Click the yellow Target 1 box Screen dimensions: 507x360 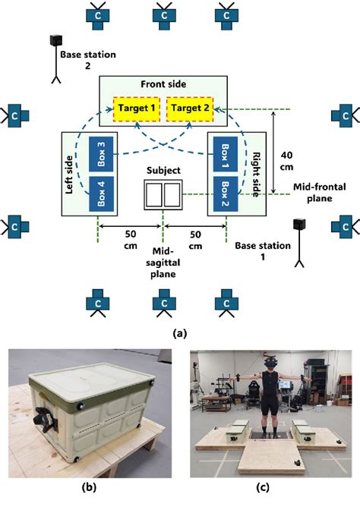click(137, 109)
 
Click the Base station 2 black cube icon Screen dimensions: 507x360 click(55, 39)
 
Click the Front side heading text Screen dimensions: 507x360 click(162, 85)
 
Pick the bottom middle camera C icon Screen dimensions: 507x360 click(163, 303)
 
